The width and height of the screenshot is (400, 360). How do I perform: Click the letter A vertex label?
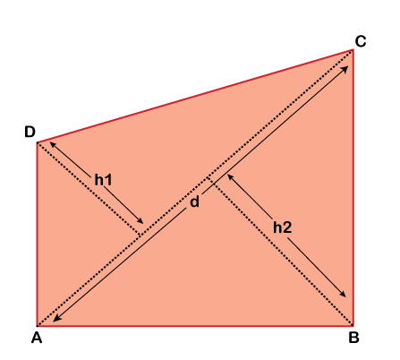tap(37, 338)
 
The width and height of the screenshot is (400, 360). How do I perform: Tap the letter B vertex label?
tap(353, 338)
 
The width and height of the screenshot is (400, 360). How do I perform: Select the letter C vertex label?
tap(361, 41)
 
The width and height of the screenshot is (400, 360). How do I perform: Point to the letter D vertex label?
tap(30, 132)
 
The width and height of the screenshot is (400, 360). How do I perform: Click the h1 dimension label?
tap(103, 180)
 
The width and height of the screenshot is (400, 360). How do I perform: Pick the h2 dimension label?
tap(282, 227)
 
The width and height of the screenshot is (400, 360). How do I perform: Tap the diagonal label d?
tap(194, 201)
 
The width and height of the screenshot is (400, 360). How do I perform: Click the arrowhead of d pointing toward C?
tap(345, 69)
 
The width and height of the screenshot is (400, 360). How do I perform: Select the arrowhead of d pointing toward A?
tap(56, 318)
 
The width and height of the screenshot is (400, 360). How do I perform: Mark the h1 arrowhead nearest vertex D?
tap(53, 146)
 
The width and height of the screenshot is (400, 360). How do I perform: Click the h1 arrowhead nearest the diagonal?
tap(140, 220)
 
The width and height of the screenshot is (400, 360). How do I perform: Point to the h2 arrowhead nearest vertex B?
tap(343, 294)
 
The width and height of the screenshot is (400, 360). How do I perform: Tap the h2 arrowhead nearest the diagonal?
tap(231, 177)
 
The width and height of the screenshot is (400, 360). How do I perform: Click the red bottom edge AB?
tap(195, 325)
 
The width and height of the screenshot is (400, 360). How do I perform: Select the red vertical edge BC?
tap(353, 187)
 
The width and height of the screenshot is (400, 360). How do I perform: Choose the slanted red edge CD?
tap(195, 96)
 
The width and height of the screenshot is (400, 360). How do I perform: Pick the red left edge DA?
tap(38, 235)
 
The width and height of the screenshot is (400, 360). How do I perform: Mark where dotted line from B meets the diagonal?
tap(209, 178)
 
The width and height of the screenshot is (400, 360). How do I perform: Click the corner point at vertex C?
tap(353, 50)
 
